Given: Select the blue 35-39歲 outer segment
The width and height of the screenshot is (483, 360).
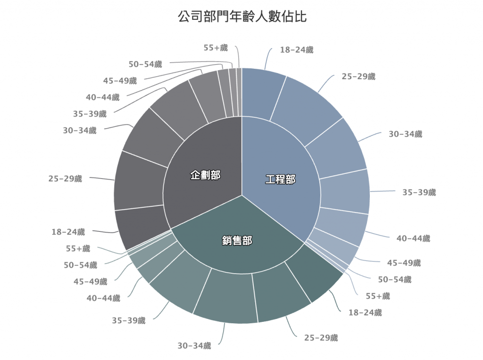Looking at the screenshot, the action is click(344, 191).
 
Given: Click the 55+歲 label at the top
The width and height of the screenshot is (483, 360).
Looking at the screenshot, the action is click(216, 48).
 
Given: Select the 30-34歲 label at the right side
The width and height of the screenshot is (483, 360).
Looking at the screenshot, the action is click(405, 134).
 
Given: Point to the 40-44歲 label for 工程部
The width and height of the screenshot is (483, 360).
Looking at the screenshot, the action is click(413, 239).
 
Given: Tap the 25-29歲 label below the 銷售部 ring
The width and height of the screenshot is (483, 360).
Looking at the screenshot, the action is click(321, 338).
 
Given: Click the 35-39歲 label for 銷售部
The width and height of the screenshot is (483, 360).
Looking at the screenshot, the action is click(129, 321).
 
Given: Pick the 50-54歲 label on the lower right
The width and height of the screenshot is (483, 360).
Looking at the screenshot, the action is click(394, 280).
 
